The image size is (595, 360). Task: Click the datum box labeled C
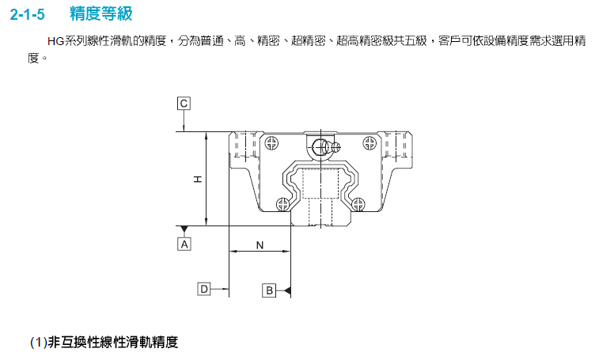[x=184, y=103]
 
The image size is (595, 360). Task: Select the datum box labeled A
[x=184, y=244]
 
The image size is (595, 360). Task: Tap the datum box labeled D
[x=204, y=289]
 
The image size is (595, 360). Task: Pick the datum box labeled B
[x=269, y=290]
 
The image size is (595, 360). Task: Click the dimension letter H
[x=198, y=179]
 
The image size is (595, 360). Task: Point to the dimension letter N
[x=260, y=245]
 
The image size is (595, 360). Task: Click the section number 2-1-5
[x=28, y=14]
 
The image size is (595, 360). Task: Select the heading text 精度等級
[x=101, y=13]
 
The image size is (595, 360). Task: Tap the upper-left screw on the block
[x=271, y=143]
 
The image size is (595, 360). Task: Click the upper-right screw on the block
[x=370, y=143]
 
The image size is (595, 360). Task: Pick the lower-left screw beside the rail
[x=282, y=204]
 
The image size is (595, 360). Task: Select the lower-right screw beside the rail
[x=358, y=204]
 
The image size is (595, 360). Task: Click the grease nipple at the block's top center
[x=325, y=147]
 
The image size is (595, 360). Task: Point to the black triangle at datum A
[x=184, y=229]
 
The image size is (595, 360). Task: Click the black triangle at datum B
[x=288, y=290]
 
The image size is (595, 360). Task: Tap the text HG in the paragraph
[x=55, y=41]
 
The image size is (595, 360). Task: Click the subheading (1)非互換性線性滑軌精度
[x=104, y=342]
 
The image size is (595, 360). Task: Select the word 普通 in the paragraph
[x=213, y=41]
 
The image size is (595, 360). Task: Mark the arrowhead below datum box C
[x=184, y=128]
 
